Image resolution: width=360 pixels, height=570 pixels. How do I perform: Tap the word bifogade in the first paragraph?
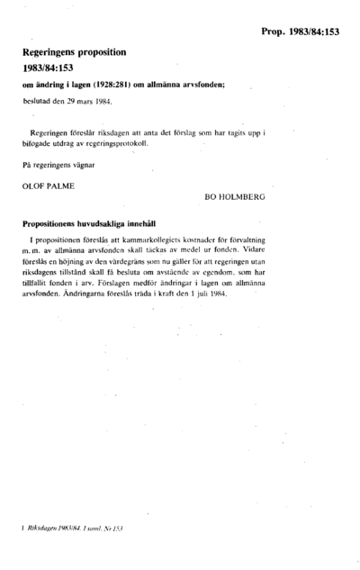(x=37, y=143)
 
